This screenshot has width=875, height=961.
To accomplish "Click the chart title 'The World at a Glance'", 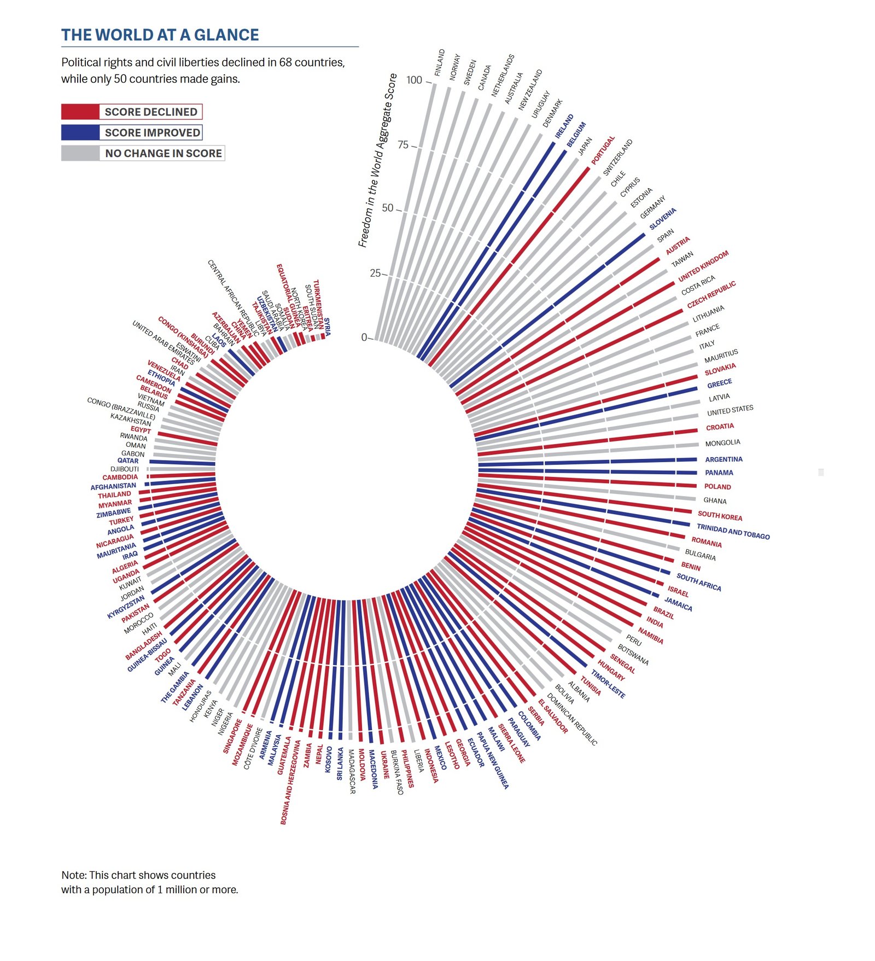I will coord(160,35).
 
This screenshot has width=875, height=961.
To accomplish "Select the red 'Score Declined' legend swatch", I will coord(80,112).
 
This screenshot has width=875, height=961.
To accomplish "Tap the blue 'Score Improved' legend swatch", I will coord(80,132).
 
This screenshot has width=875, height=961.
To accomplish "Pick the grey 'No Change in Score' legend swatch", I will coord(80,153).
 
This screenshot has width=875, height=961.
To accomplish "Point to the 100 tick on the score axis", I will coord(415,80).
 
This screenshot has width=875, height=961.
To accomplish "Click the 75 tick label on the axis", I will coord(403,145).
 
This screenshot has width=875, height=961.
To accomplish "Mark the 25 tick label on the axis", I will coord(375,273).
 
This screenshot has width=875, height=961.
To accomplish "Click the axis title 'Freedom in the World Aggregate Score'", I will coord(377,160).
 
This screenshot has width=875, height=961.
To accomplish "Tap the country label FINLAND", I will coord(440,62).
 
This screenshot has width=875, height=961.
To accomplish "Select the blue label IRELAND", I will coord(564,126).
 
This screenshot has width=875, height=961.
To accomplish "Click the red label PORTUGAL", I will coord(603,150).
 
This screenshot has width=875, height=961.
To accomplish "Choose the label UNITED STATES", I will coord(730,410).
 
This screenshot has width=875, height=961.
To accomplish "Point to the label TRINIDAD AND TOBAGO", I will coord(733,532).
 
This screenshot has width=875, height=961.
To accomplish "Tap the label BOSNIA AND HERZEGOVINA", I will coord(290,782).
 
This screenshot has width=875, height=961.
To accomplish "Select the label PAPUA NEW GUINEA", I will coord(493,760).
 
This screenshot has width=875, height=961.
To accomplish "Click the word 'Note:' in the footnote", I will coord(74,875).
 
